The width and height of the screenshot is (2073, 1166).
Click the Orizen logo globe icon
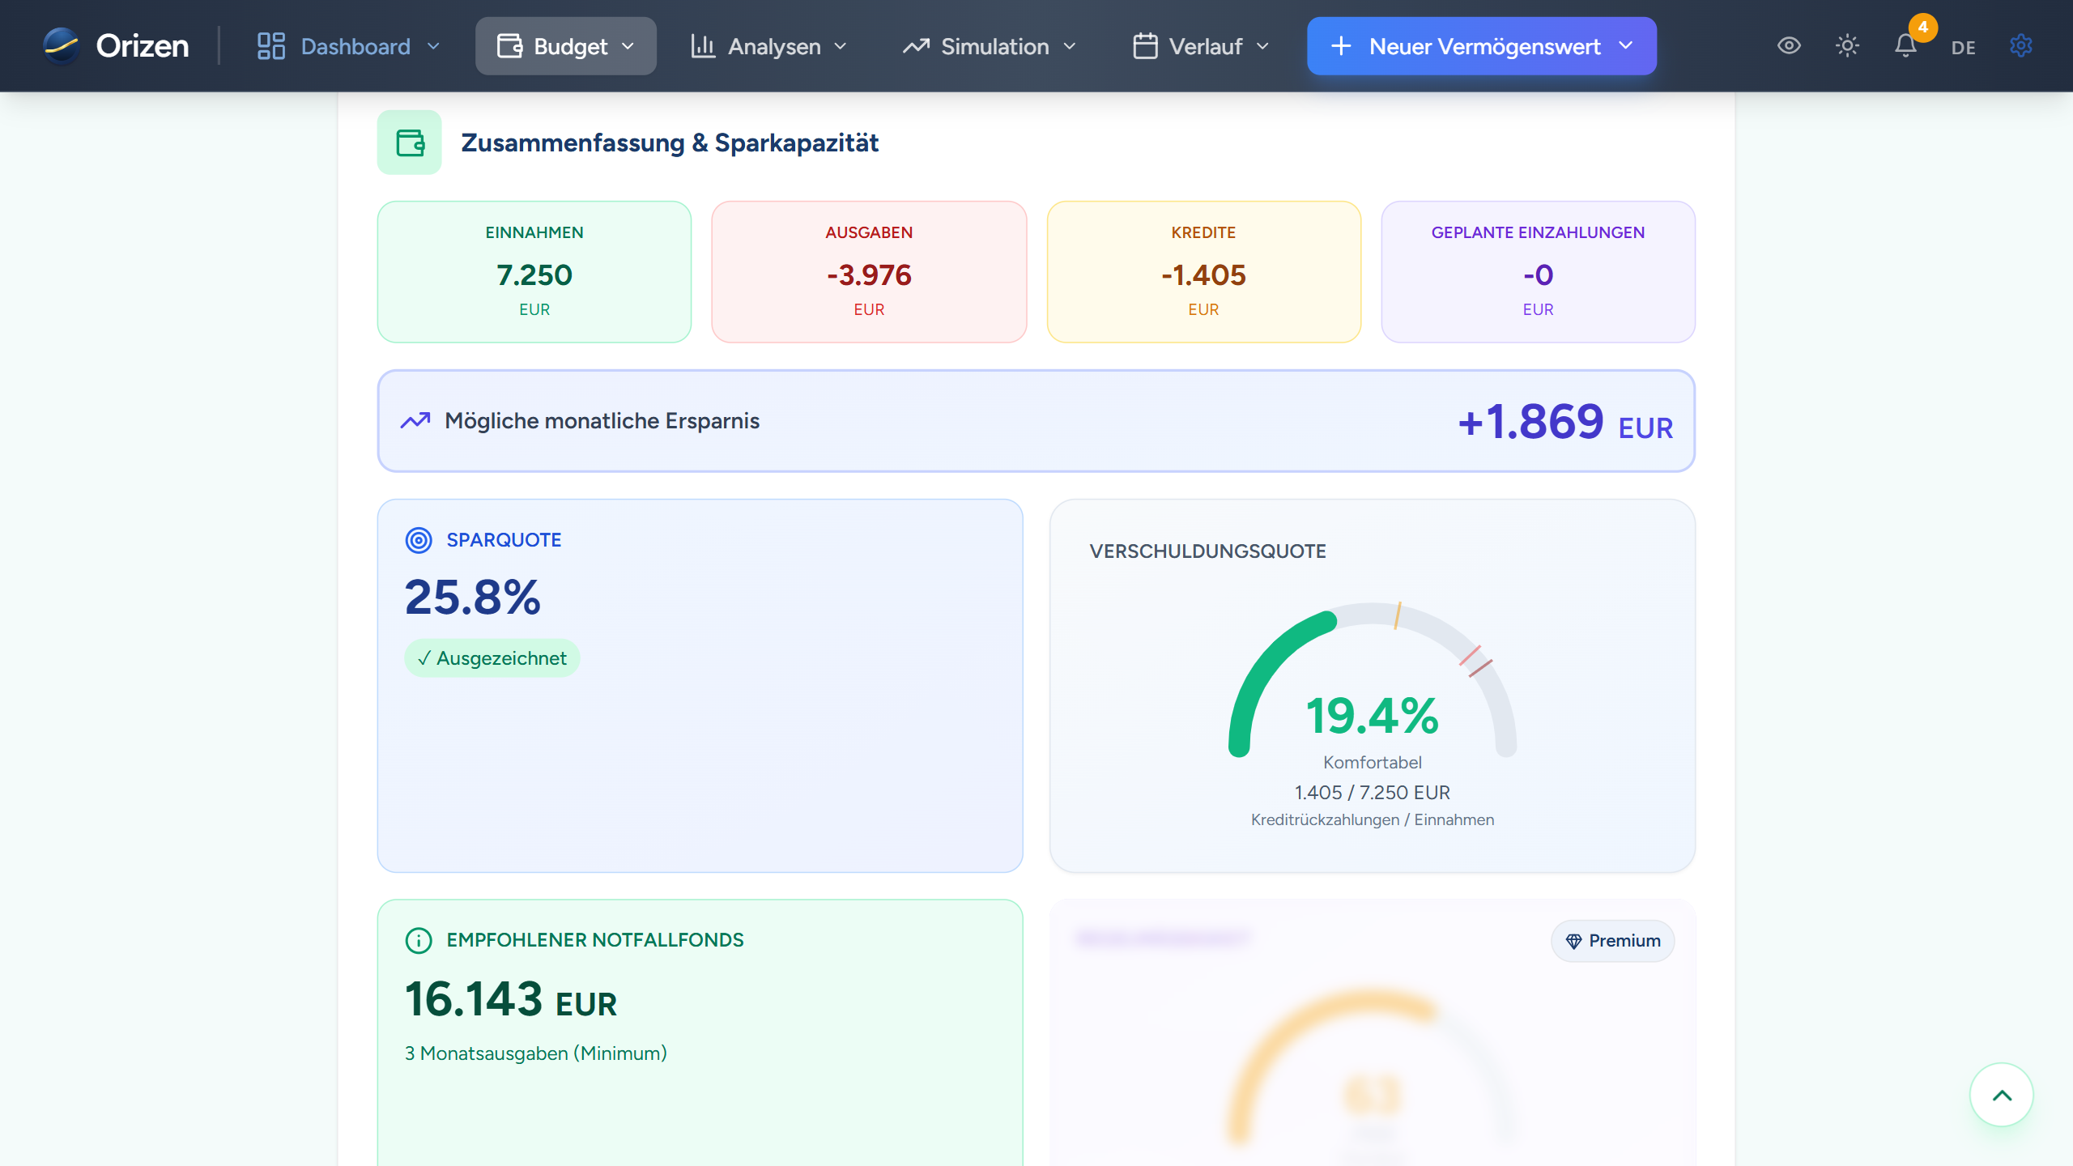pyautogui.click(x=62, y=46)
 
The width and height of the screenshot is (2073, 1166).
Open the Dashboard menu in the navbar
pyautogui.click(x=348, y=46)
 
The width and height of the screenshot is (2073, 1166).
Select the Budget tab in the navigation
pyautogui.click(x=565, y=46)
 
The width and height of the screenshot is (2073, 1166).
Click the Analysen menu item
pyautogui.click(x=768, y=46)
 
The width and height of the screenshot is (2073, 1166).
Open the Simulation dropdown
pyautogui.click(x=990, y=46)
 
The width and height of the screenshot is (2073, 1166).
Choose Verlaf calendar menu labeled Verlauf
pyautogui.click(x=1201, y=46)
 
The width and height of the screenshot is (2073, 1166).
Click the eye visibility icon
pyautogui.click(x=1789, y=46)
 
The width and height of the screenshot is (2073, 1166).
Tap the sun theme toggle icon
pyautogui.click(x=1847, y=46)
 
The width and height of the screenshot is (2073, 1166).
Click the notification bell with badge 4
pyautogui.click(x=1906, y=46)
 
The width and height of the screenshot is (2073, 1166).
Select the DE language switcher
pyautogui.click(x=1964, y=48)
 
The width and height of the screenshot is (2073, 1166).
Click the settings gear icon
pyautogui.click(x=2021, y=46)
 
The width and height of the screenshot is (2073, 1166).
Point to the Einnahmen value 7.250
pyautogui.click(x=534, y=275)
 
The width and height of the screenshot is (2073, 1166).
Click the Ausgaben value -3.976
pyautogui.click(x=869, y=275)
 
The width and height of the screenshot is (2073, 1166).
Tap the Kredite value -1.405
pyautogui.click(x=1203, y=275)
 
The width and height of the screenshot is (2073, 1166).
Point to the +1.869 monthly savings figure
pyautogui.click(x=1530, y=422)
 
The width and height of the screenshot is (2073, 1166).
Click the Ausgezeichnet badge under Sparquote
pyautogui.click(x=492, y=658)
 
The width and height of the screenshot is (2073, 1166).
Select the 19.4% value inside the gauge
pyautogui.click(x=1373, y=717)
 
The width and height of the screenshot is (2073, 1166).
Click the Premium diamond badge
pyautogui.click(x=1612, y=941)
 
